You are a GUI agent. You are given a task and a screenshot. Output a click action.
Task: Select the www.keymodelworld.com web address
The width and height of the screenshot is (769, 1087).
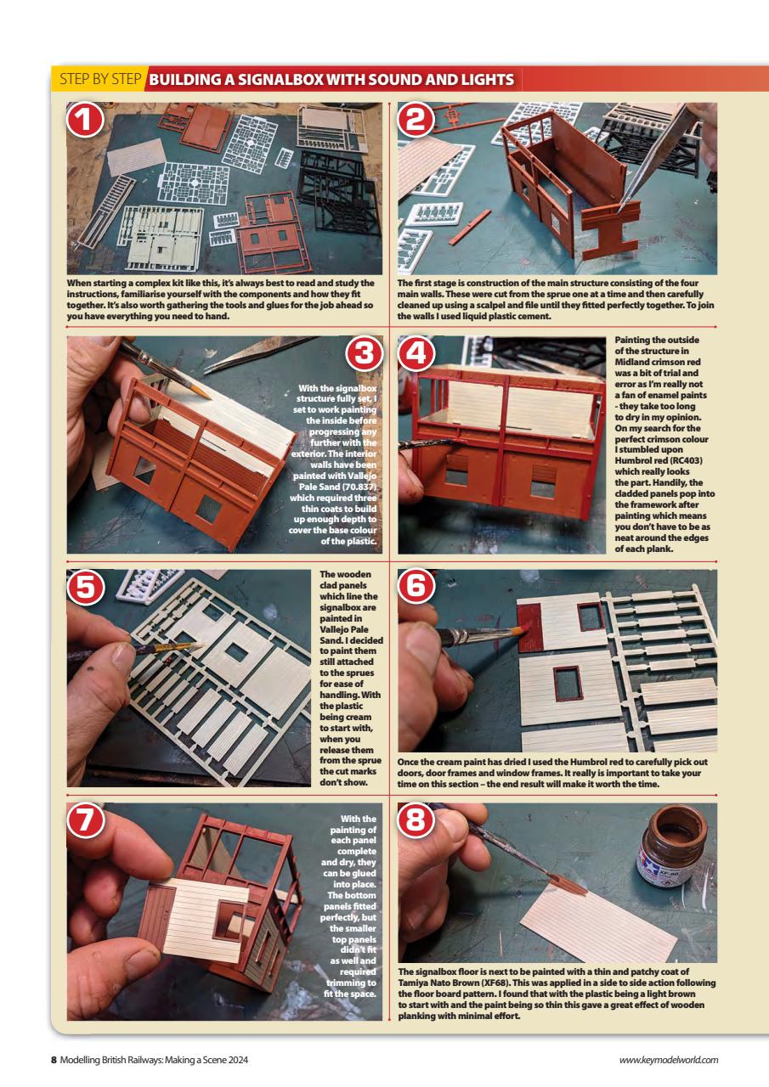click(670, 1059)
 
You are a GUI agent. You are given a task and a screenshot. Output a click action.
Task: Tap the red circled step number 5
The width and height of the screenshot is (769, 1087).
click(85, 588)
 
